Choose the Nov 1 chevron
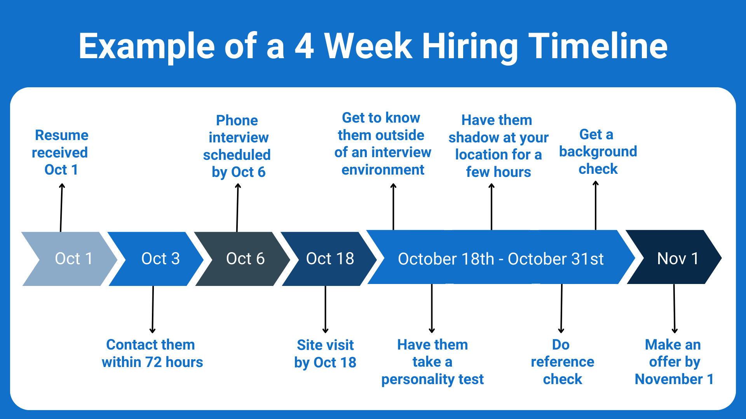[x=674, y=257]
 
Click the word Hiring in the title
[x=470, y=47]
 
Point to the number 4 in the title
[x=304, y=46]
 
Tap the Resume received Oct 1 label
[x=60, y=152]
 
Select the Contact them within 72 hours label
[x=152, y=353]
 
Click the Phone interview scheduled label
[x=237, y=146]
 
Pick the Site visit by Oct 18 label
[x=325, y=354]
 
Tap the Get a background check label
[x=598, y=152]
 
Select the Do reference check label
[x=562, y=362]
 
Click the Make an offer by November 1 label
[x=674, y=362]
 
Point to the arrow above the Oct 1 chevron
[x=61, y=208]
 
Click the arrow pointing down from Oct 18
[x=326, y=309]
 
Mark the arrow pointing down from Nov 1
[x=675, y=308]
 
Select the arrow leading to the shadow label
[x=492, y=207]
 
